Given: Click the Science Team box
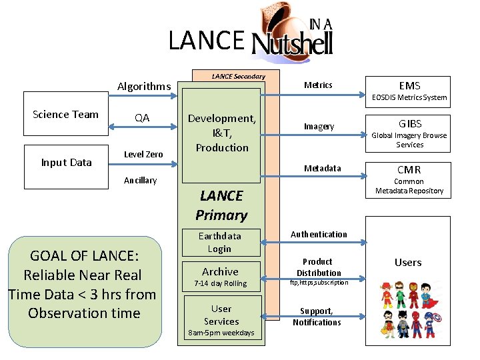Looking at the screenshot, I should pos(65,114).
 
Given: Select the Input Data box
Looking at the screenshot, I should pos(66,162).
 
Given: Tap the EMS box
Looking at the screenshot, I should pos(409,85).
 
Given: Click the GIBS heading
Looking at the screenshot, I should pos(409,123).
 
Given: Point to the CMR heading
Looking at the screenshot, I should pos(409,169).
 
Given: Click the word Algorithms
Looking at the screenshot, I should pos(144,86).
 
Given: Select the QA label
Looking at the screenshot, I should pos(142,118).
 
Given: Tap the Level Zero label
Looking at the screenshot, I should pos(143,154).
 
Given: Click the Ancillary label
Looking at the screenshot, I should pos(141,180).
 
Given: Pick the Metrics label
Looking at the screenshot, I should pos(318,85).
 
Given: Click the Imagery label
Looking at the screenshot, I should pos(319,126).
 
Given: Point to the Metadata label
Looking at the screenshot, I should pos(322,168).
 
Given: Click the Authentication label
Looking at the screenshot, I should pos(319,234).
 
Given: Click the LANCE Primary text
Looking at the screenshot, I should pos(221,205).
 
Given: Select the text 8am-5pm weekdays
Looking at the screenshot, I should pos(221,333).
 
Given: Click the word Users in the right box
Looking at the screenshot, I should pos(408,262).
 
